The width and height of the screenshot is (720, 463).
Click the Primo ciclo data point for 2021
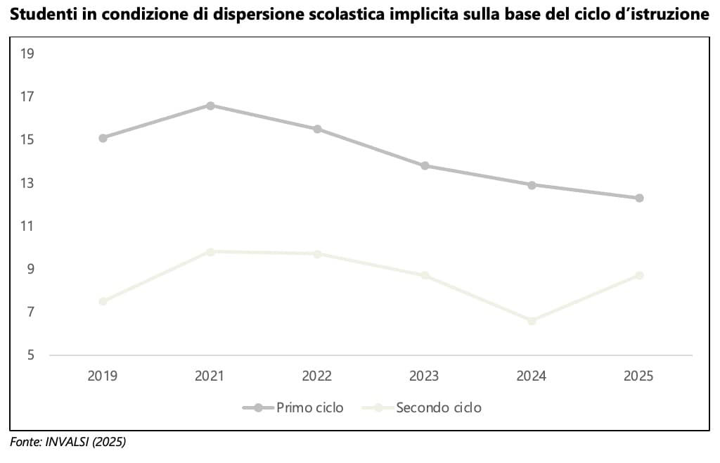point(210,106)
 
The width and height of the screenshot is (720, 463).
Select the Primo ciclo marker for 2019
point(103,138)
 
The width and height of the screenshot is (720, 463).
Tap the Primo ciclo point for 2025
point(639,198)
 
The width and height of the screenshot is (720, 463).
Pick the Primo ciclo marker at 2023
point(425,166)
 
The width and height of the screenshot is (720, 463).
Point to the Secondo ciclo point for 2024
point(532,321)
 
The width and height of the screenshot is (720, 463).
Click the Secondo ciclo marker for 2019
point(103,301)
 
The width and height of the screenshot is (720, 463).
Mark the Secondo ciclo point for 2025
point(639,275)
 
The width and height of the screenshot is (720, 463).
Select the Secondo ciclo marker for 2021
point(210,251)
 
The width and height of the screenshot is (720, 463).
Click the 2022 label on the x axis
point(317,376)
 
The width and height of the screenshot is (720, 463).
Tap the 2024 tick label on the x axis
point(532,376)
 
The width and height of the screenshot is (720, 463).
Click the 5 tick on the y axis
point(30,355)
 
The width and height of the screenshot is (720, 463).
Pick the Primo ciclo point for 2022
point(317,129)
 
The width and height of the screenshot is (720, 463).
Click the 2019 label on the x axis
point(103,376)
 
